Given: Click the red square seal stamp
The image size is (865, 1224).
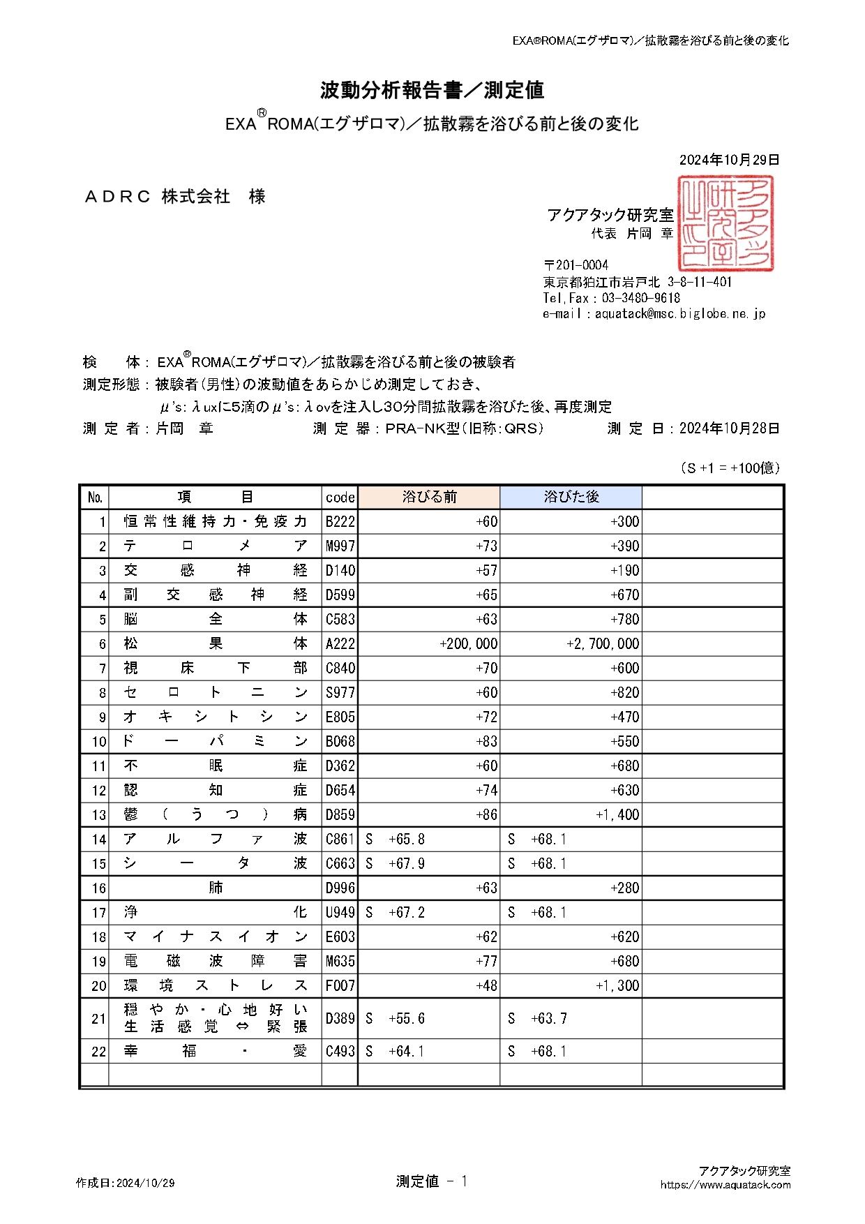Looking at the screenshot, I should tap(725, 223).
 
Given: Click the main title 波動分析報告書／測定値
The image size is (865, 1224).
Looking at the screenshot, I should tap(432, 90).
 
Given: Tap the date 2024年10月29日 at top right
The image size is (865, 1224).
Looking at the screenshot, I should tap(729, 160).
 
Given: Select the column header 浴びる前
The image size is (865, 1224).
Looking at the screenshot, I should tap(429, 497).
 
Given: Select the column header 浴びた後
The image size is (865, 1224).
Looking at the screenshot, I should tap(571, 497).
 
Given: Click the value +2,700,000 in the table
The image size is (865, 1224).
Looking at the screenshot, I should tap(603, 644).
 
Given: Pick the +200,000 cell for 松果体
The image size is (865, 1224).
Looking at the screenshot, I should tap(469, 644).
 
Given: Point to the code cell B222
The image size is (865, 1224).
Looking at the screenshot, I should tap(340, 522).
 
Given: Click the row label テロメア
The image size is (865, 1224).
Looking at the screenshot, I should tap(215, 546).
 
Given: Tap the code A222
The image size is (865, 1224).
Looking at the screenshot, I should tap(340, 644).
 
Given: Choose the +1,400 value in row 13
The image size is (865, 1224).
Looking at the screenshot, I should tap(617, 815).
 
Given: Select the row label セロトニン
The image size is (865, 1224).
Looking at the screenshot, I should tap(215, 693).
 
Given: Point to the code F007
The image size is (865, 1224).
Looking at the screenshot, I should tap(340, 986).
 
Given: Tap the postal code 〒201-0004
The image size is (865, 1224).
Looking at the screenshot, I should tap(576, 265).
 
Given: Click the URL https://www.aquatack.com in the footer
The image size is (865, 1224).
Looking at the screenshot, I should tap(725, 1184).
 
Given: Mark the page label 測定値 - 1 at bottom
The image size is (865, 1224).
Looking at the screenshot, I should tap(431, 1181).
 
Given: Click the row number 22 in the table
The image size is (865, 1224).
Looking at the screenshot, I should tap(98, 1052).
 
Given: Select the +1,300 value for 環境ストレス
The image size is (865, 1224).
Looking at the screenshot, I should tap(617, 986).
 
